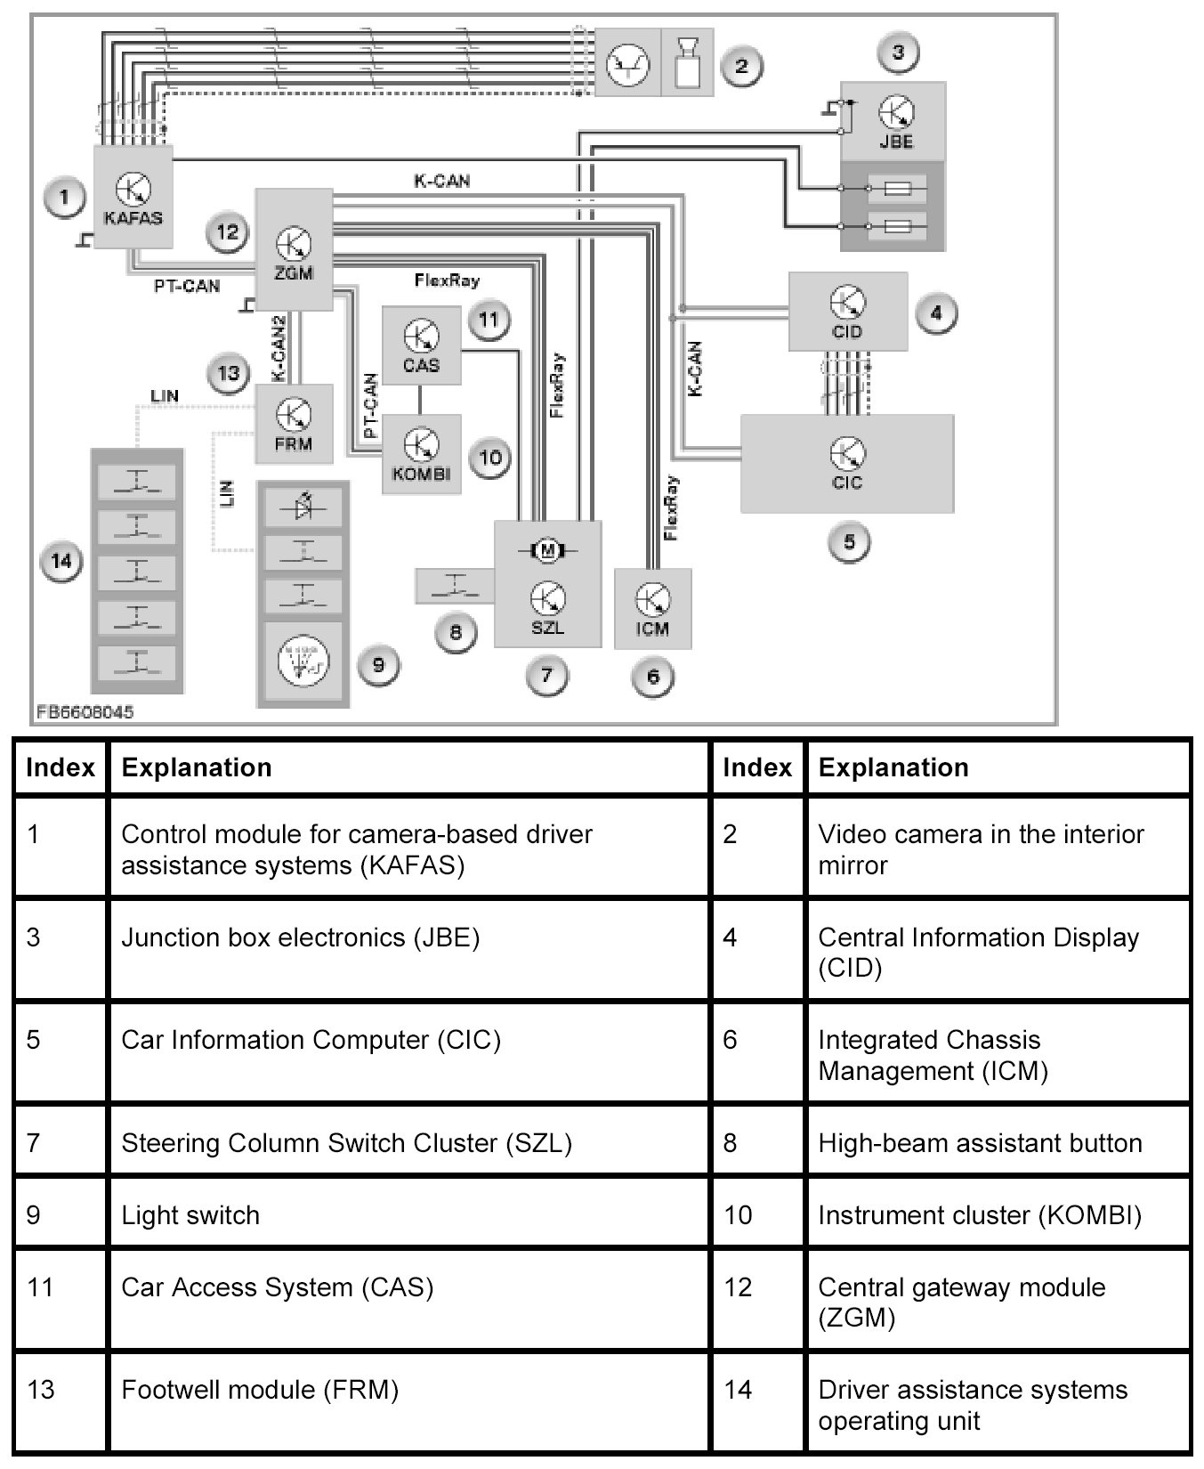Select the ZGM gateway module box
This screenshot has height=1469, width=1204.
click(294, 249)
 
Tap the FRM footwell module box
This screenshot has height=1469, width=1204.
click(294, 424)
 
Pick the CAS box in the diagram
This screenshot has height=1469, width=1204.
click(421, 345)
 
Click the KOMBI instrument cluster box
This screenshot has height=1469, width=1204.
click(422, 454)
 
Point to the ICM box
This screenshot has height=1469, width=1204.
click(652, 608)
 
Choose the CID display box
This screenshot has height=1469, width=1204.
click(847, 312)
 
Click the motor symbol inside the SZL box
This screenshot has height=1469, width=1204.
click(547, 551)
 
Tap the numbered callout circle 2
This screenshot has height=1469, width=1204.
click(740, 65)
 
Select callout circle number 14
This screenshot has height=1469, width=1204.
click(61, 561)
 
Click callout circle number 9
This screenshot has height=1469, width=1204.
click(378, 664)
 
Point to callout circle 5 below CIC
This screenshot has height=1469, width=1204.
click(849, 541)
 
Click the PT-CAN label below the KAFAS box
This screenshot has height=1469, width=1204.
click(187, 287)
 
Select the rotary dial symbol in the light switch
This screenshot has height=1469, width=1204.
click(303, 663)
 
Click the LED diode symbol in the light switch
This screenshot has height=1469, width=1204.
click(303, 507)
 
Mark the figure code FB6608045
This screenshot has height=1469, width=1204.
click(85, 713)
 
